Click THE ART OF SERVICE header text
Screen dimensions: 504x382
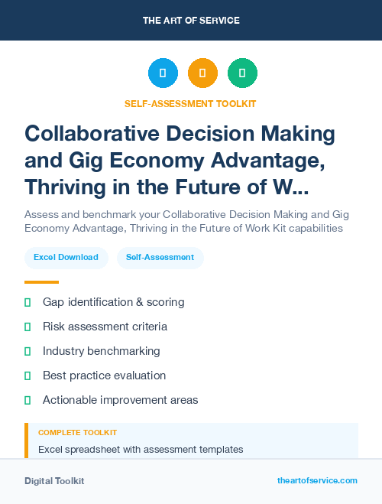(x=191, y=21)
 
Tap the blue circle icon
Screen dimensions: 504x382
(x=163, y=73)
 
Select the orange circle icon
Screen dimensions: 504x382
(x=202, y=73)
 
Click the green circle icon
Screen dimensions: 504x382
(x=242, y=73)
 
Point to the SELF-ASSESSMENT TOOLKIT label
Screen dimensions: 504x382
(x=191, y=104)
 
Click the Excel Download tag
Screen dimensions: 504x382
(x=66, y=258)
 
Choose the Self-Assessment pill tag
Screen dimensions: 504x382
(x=160, y=258)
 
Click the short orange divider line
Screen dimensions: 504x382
(x=41, y=281)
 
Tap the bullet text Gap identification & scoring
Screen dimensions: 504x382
(x=113, y=302)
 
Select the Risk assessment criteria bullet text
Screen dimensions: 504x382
(x=105, y=327)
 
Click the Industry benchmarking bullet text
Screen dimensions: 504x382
(x=102, y=351)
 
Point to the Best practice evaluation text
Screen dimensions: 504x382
(x=104, y=376)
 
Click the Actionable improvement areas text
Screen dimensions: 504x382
(x=120, y=400)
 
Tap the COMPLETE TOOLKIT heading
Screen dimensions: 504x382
(x=77, y=433)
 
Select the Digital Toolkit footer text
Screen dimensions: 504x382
(x=54, y=481)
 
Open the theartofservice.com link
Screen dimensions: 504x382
(x=317, y=480)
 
